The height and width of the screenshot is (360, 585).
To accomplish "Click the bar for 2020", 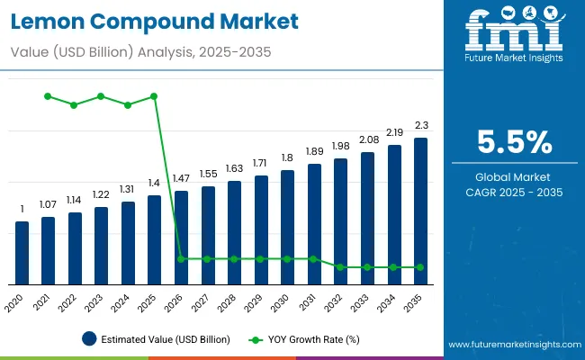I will [22, 253].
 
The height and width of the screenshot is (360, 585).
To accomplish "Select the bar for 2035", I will [421, 211].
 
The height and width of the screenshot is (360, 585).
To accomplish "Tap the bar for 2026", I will [182, 238].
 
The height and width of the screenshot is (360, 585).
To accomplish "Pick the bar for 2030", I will [288, 227].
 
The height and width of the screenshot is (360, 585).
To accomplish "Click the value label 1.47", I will [182, 180].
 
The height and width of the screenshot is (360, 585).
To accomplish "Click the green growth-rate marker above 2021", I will [49, 96].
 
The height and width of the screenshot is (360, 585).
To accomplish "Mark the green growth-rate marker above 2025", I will [155, 96].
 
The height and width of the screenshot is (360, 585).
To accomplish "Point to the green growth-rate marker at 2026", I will [182, 259].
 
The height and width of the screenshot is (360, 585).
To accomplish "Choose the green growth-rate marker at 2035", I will [421, 267].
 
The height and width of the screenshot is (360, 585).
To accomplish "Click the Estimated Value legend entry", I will [156, 339].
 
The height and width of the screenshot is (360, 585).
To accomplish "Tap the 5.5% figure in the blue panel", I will [515, 141].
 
